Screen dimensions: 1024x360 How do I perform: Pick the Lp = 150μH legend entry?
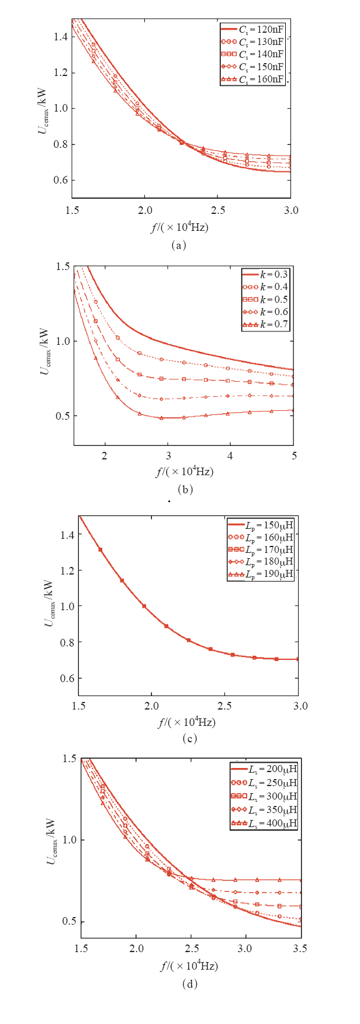pyautogui.click(x=261, y=525)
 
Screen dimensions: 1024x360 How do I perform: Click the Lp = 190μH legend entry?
pyautogui.click(x=261, y=575)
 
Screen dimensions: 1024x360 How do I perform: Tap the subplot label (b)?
pyautogui.click(x=185, y=489)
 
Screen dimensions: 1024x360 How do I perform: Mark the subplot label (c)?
pyautogui.click(x=188, y=739)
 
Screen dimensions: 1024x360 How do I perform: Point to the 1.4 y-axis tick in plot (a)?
pyautogui.click(x=61, y=37)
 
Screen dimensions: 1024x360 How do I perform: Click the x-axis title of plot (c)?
pyautogui.click(x=187, y=722)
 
